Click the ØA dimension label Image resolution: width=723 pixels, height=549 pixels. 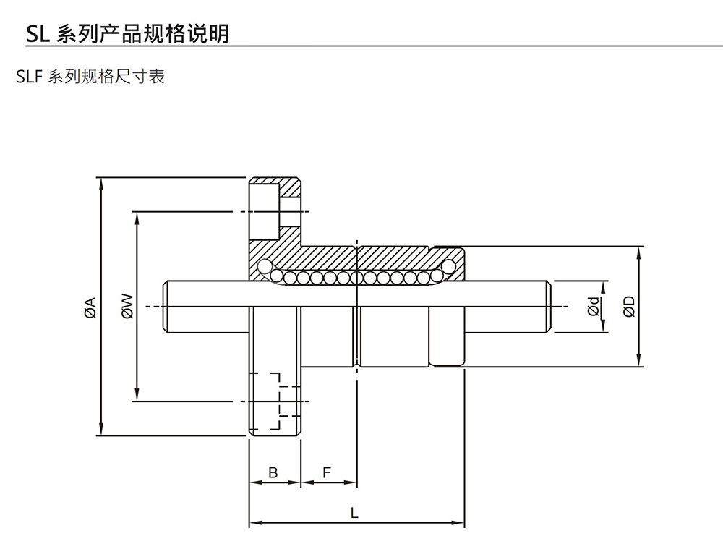click(90, 307)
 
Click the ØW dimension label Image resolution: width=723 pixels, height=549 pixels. click(127, 306)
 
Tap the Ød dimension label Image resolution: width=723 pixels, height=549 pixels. click(594, 307)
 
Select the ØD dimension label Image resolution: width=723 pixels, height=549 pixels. click(629, 307)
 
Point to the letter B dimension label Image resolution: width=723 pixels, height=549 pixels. click(273, 473)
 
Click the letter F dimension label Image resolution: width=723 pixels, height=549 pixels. click(327, 473)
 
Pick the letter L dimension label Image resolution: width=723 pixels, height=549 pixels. click(354, 514)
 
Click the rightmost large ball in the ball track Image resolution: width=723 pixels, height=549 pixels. click(450, 267)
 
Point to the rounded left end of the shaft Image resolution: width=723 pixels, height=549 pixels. click(169, 307)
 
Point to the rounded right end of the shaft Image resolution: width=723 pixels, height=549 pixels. click(548, 307)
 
